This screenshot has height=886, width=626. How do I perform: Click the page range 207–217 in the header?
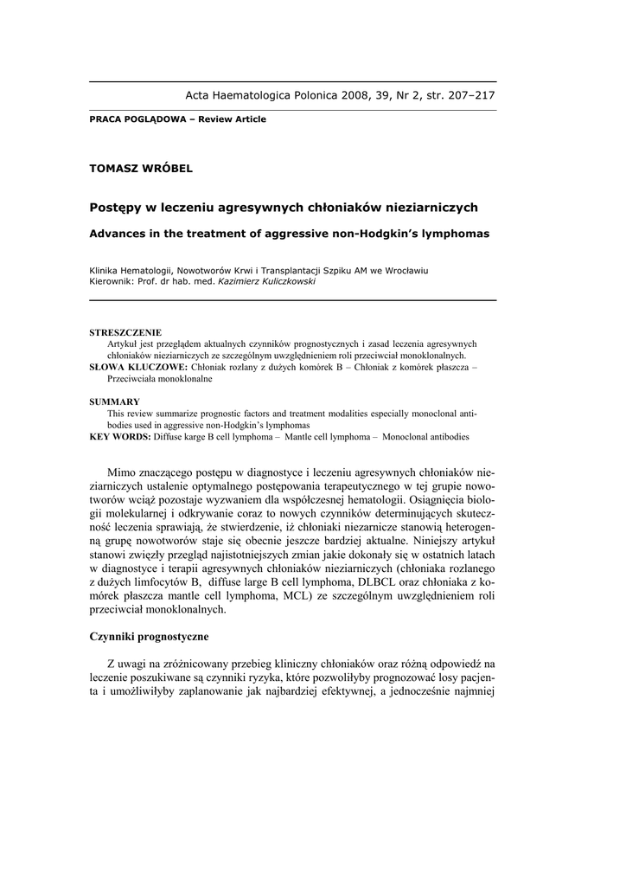point(467,95)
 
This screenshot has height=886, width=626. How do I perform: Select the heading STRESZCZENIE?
point(125,333)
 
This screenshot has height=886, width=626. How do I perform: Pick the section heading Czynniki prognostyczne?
point(149,637)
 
